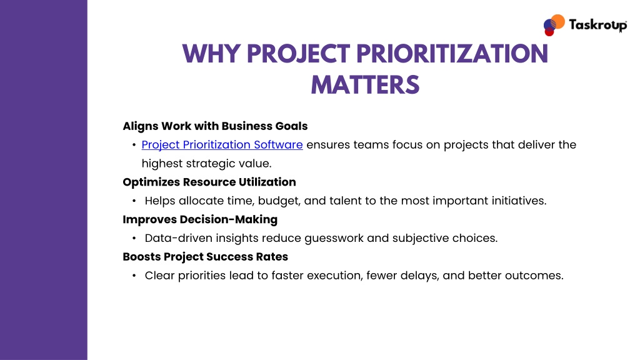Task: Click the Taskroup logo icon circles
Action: click(x=554, y=25)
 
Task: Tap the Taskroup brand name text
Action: click(x=598, y=25)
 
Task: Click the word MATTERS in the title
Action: click(x=365, y=85)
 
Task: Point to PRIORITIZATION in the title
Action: click(x=452, y=54)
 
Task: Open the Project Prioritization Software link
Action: click(x=222, y=145)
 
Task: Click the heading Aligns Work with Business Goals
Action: click(x=215, y=126)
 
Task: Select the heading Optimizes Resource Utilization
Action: click(x=209, y=182)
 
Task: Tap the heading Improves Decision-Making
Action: click(x=200, y=219)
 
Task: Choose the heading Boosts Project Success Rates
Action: click(x=205, y=257)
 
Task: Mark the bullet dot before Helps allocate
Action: click(x=134, y=201)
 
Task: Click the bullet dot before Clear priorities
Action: click(x=134, y=276)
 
